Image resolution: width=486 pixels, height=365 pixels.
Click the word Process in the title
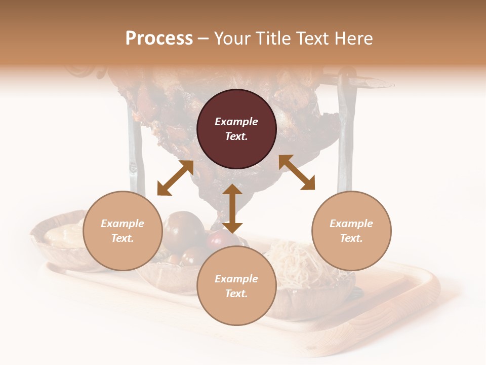coord(159,39)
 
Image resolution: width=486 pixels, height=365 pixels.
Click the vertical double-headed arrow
coord(232,208)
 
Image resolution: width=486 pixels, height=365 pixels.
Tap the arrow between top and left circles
coord(175,178)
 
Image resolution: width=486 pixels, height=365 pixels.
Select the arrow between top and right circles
coord(297,172)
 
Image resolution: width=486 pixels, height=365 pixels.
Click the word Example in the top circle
coord(236,122)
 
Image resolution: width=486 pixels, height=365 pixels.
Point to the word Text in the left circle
coord(123,238)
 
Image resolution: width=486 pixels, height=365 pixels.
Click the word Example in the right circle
coord(351,224)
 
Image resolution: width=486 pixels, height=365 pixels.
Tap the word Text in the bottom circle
coord(236,294)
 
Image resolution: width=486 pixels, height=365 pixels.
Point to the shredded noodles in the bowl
coord(294,261)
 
